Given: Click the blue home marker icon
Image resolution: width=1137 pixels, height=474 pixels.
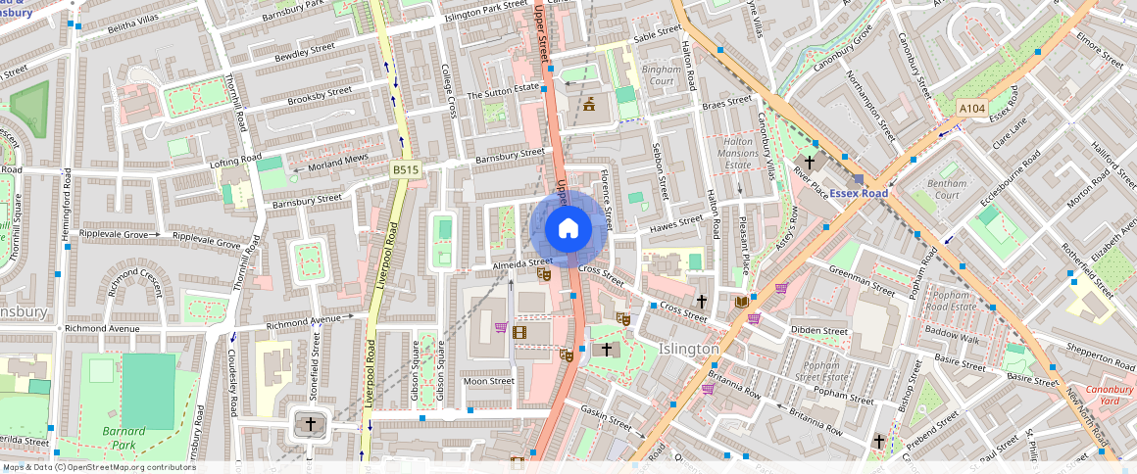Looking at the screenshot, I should click(568, 229).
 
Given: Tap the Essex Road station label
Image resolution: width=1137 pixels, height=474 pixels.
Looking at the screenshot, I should click(859, 193).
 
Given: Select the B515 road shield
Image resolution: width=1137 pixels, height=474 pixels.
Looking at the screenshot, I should click(406, 170).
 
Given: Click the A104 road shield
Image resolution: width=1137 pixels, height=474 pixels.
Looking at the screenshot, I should click(971, 108).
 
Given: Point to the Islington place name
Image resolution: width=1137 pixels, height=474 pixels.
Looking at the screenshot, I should click(689, 349).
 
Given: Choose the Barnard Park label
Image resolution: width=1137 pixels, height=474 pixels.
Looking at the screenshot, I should click(124, 438).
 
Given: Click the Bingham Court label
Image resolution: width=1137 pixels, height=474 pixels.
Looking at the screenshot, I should click(658, 75).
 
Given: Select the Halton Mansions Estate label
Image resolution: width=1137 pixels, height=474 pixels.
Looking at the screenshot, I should click(738, 154).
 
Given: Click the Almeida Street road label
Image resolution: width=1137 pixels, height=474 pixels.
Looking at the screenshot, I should click(521, 263).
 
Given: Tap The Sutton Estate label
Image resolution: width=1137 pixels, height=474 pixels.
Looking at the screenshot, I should click(503, 94).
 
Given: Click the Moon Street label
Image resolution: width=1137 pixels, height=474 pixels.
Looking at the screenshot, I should click(488, 381).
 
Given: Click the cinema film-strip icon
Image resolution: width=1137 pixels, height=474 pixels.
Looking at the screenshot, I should click(519, 332).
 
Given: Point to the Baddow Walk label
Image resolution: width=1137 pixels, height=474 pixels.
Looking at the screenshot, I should click(952, 339).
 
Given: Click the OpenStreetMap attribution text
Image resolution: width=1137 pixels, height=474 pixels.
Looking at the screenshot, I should click(98, 467).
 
